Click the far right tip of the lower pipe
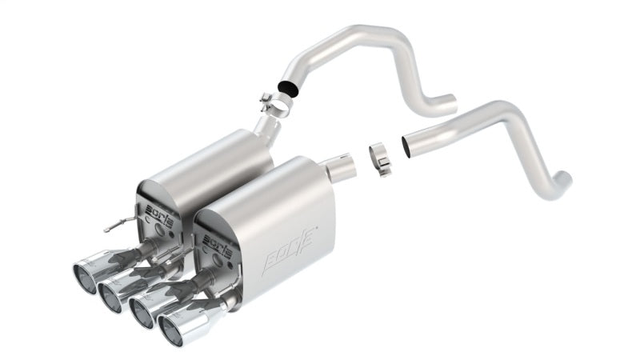pos(565,181)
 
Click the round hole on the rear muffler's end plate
pos(165,227)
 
